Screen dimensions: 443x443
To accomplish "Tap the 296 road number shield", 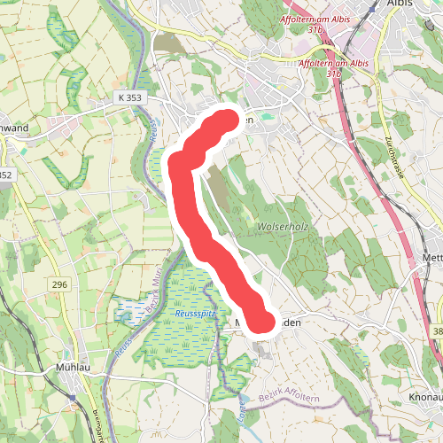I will click(x=59, y=284).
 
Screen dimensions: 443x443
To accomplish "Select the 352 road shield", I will click(x=5, y=175).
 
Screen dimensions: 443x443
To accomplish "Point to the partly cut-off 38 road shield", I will click(x=438, y=330).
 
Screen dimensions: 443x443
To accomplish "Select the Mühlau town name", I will click(x=74, y=366).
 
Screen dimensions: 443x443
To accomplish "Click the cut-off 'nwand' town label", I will click(x=15, y=127).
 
